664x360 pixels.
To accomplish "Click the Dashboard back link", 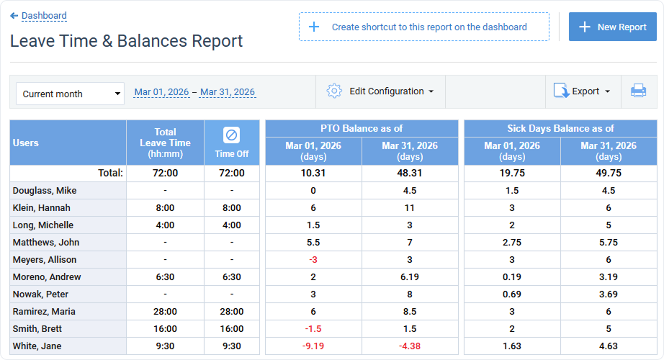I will pyautogui.click(x=43, y=15).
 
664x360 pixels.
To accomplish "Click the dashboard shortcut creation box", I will pyautogui.click(x=423, y=27).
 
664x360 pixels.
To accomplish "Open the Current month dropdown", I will pyautogui.click(x=70, y=94).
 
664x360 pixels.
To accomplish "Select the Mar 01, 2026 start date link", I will pyautogui.click(x=161, y=92).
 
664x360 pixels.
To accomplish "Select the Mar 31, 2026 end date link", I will pyautogui.click(x=228, y=92).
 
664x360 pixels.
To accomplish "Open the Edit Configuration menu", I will pyautogui.click(x=380, y=91).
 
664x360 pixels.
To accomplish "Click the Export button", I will pyautogui.click(x=582, y=91).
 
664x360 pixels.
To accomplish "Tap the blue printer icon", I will pyautogui.click(x=638, y=91).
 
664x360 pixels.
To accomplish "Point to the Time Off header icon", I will pyautogui.click(x=231, y=135).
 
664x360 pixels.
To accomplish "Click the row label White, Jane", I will pyautogui.click(x=37, y=346).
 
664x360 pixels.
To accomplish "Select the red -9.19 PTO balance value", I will pyautogui.click(x=313, y=346).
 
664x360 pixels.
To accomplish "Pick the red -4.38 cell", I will pyautogui.click(x=410, y=346).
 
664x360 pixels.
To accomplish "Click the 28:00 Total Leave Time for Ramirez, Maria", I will pyautogui.click(x=165, y=312).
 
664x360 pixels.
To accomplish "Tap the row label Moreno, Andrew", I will pyautogui.click(x=47, y=277).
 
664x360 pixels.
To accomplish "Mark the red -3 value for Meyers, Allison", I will pyautogui.click(x=313, y=260).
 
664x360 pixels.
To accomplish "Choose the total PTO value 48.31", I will pyautogui.click(x=410, y=173).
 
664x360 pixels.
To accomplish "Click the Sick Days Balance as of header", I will pyautogui.click(x=560, y=128).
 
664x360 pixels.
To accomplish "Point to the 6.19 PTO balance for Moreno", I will pyautogui.click(x=410, y=277).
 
